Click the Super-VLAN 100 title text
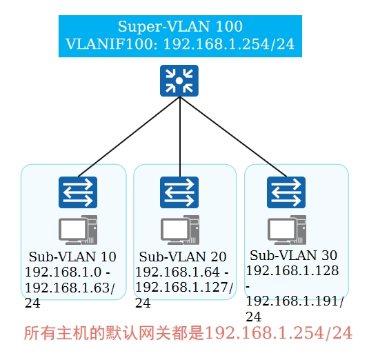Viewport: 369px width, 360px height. (180, 27)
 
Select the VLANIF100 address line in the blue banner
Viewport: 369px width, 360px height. (180, 44)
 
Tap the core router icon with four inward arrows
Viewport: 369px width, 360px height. (179, 81)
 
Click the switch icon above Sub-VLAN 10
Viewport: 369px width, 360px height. (78, 192)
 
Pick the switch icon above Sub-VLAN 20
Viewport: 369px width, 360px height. (179, 192)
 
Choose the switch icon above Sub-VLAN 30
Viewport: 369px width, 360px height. (286, 192)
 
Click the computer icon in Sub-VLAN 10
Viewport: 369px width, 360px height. (78, 230)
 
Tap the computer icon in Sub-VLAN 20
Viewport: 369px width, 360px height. (180, 230)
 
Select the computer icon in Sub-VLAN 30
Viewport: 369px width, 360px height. (287, 230)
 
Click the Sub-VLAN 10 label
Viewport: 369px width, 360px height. (72, 257)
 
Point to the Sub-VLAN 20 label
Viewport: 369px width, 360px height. (183, 257)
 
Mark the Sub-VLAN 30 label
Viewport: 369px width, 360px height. (293, 255)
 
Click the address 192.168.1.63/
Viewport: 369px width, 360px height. (70, 288)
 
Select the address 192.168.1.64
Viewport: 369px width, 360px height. (178, 272)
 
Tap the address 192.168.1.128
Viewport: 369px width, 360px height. (292, 270)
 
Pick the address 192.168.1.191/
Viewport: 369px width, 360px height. (295, 301)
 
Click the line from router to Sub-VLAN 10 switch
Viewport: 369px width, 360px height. (129, 137)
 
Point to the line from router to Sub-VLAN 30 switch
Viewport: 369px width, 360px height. (233, 137)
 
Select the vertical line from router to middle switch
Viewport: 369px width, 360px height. (180, 137)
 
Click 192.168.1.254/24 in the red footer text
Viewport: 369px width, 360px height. (279, 333)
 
